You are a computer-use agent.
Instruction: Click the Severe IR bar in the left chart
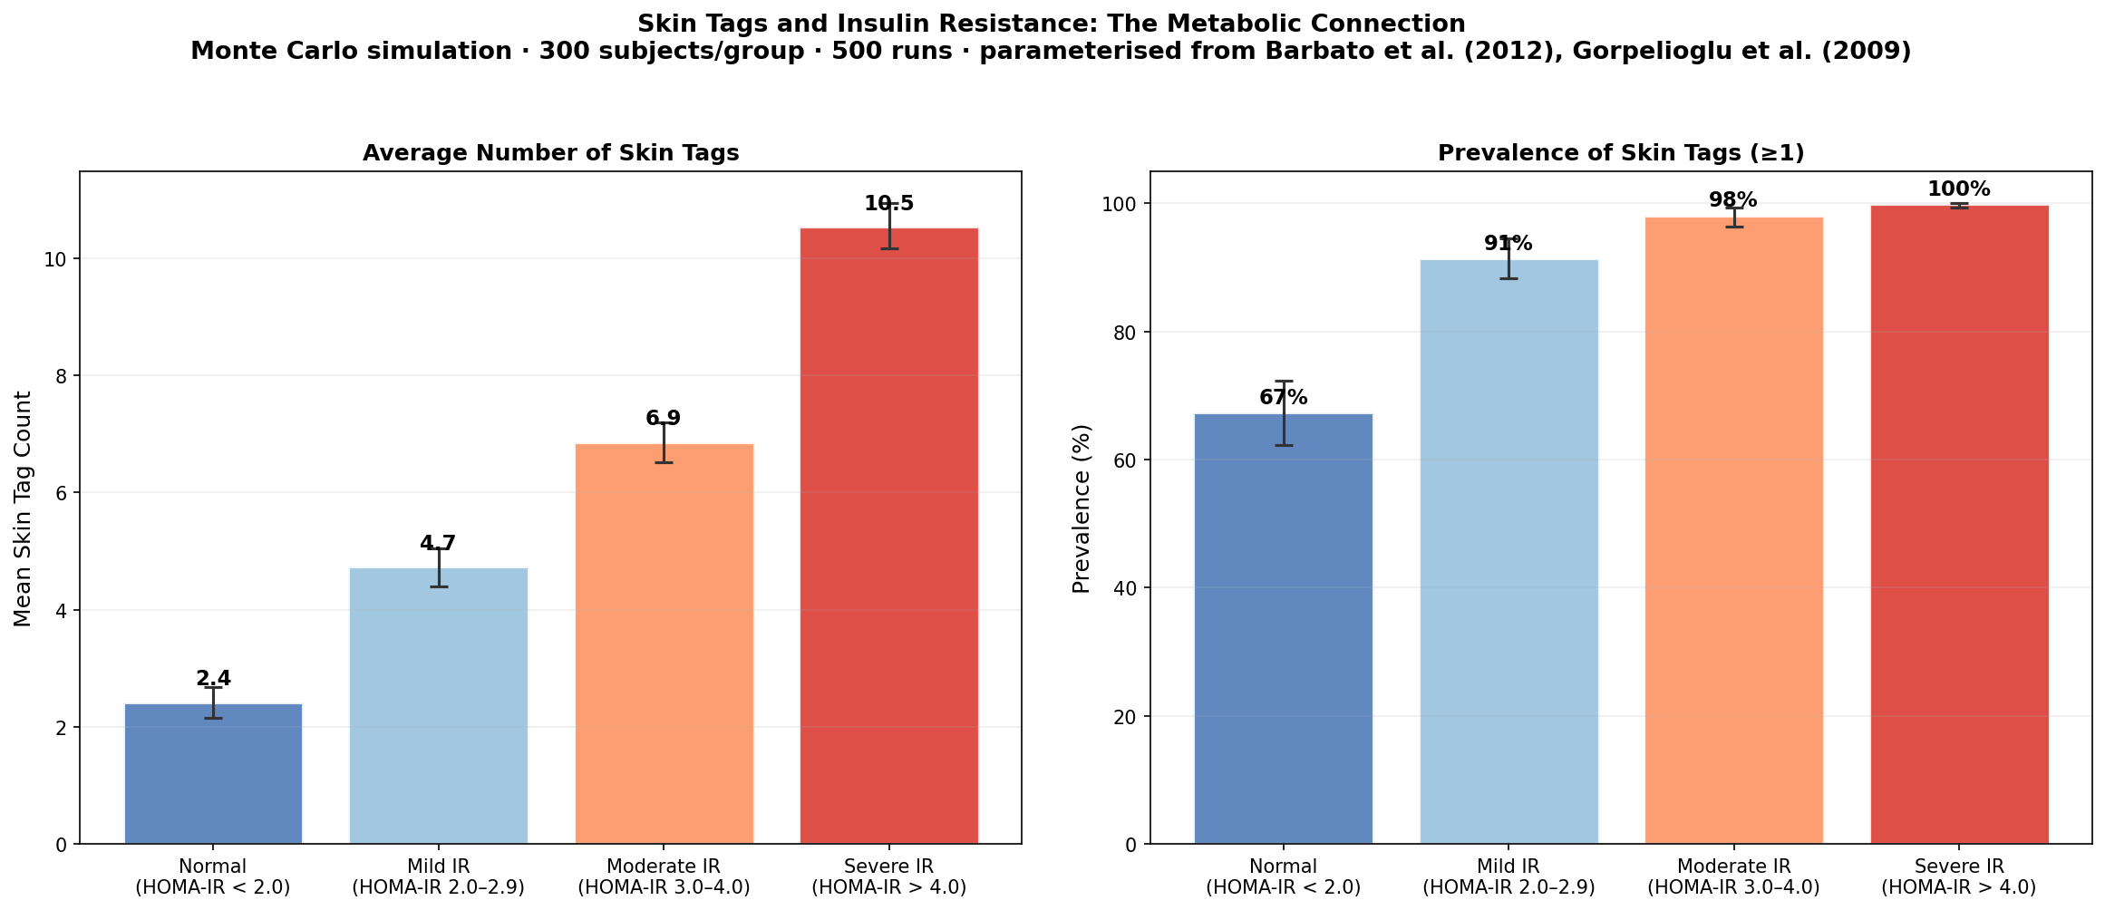click(888, 535)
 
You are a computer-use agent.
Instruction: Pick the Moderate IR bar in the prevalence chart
click(1733, 530)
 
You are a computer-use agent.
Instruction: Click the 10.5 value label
click(888, 204)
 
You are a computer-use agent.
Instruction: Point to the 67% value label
click(1283, 398)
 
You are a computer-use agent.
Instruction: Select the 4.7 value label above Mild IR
click(437, 544)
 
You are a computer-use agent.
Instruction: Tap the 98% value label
click(1732, 200)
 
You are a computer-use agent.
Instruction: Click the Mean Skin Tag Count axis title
click(24, 508)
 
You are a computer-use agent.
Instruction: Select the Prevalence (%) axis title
click(1081, 508)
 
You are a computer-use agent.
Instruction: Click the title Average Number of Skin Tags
click(550, 153)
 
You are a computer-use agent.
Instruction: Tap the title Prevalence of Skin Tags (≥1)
click(1621, 153)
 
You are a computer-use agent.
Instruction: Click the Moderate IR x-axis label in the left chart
click(664, 876)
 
